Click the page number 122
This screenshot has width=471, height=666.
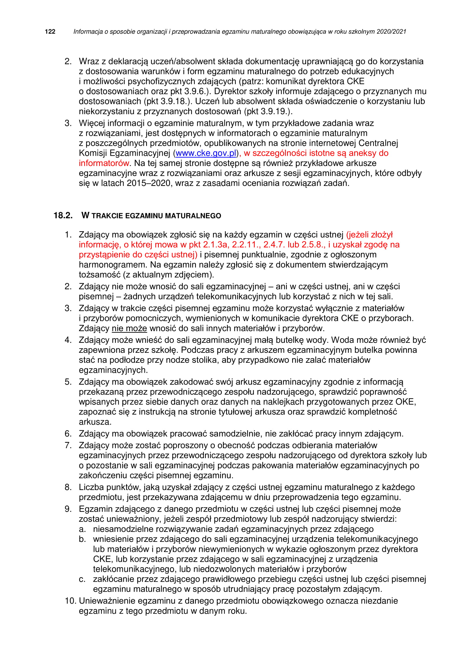click(x=50, y=32)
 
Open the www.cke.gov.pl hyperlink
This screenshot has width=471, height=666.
click(x=206, y=153)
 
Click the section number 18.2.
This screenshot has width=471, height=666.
click(x=63, y=216)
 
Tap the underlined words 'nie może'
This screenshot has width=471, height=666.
click(x=129, y=328)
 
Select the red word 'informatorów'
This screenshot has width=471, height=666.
click(x=104, y=163)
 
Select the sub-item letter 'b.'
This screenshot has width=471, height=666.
click(x=82, y=539)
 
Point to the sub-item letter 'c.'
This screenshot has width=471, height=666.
click(x=82, y=579)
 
